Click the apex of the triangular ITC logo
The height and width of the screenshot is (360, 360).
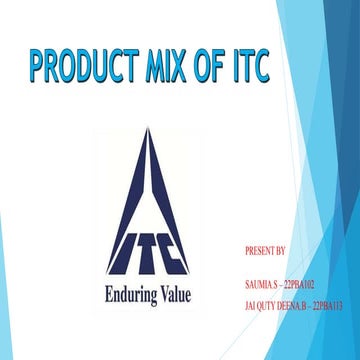(x=152, y=133)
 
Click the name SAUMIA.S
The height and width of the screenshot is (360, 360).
(x=262, y=283)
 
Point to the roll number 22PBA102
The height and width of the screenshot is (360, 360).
(x=302, y=283)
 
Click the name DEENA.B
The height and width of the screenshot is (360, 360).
(x=297, y=303)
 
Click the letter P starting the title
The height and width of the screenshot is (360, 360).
(x=37, y=69)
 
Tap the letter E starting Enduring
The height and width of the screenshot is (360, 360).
(x=109, y=295)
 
